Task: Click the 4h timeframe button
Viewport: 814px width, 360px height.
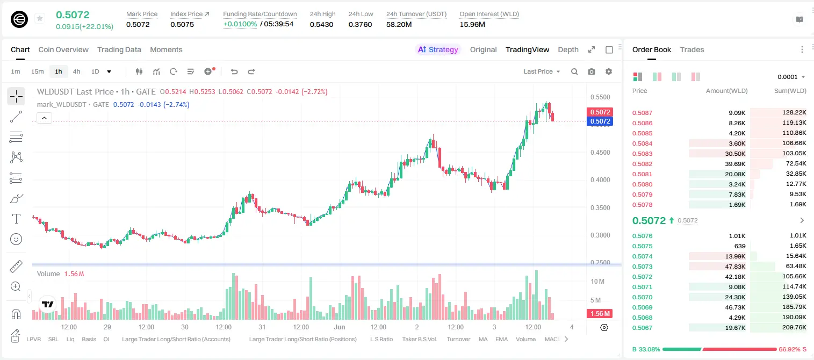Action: (76, 71)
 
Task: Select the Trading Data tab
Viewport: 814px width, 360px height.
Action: (119, 50)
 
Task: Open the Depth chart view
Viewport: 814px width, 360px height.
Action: (568, 50)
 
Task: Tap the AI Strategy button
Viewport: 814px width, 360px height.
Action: (438, 50)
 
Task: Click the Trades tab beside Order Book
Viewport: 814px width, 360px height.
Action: (692, 50)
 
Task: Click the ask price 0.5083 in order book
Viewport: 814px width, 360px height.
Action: (642, 154)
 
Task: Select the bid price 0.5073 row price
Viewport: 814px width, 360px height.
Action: (642, 267)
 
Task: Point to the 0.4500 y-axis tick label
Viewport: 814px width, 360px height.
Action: (600, 153)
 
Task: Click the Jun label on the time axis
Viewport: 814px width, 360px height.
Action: (340, 327)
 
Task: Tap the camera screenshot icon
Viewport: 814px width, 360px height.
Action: (592, 71)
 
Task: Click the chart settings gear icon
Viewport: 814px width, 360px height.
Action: (609, 71)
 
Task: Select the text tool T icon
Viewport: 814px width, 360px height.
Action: (16, 219)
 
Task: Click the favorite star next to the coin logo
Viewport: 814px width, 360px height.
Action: (40, 18)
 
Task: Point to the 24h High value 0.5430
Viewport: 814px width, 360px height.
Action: (322, 24)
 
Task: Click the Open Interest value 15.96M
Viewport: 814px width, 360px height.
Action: (472, 24)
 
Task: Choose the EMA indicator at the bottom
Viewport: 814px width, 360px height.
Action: (501, 339)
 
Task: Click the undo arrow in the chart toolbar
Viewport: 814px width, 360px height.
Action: (234, 71)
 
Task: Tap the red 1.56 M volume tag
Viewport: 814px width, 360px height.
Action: (600, 313)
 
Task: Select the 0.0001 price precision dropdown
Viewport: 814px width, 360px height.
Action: (791, 77)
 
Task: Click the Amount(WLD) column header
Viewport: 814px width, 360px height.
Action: (726, 91)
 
